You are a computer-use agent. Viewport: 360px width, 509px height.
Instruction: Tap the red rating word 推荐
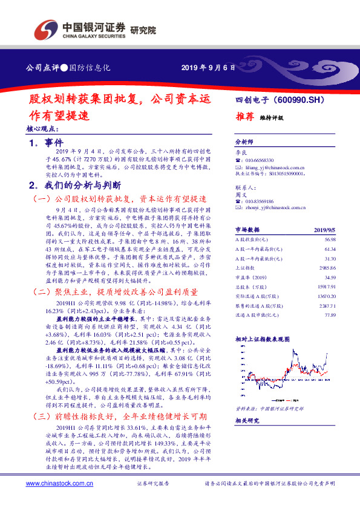244,117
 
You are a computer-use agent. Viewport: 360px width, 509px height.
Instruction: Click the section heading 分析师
244,139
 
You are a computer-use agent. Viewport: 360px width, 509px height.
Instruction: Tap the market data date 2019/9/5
324,230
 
